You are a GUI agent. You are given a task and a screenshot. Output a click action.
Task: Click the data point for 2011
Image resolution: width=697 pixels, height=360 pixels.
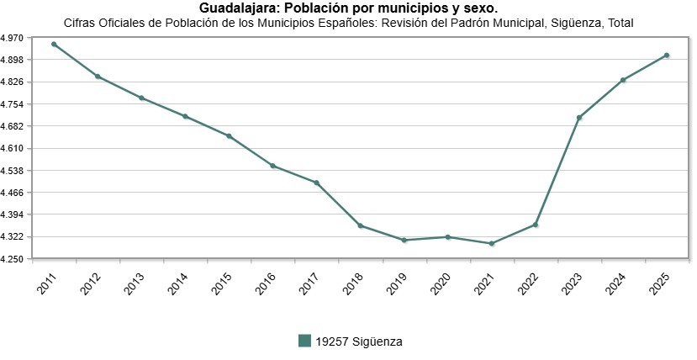click(54, 44)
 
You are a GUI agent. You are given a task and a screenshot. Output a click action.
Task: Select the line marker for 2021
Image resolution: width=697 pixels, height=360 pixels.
click(492, 244)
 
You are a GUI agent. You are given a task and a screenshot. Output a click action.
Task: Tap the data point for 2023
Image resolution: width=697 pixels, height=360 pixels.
click(579, 118)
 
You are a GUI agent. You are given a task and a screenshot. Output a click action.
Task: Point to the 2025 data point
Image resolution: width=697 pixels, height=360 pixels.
click(667, 56)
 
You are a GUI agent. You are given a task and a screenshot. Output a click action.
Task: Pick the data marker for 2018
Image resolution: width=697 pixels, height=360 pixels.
click(360, 225)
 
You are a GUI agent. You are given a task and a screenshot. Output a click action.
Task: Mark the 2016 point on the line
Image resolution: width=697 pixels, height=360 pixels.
click(272, 166)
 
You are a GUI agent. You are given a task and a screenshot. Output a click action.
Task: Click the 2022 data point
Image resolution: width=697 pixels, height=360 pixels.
click(536, 225)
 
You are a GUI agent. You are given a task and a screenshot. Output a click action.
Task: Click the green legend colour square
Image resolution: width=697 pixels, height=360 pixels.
click(305, 341)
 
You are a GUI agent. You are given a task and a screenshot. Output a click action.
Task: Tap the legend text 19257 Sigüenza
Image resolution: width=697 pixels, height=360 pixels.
click(359, 341)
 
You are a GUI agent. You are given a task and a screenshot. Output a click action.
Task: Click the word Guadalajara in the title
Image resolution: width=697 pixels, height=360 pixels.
click(236, 8)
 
